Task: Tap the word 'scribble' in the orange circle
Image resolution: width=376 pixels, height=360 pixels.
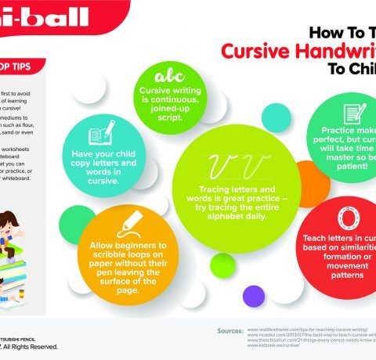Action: click(x=120, y=255)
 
